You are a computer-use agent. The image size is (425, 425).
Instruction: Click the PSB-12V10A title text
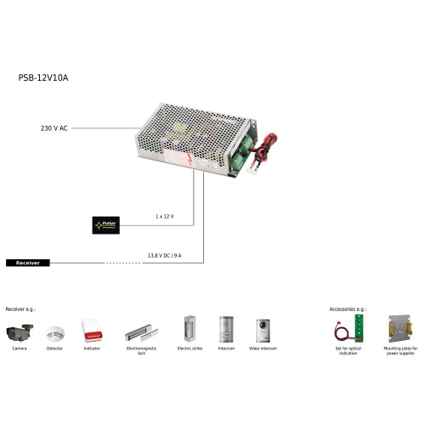pyautogui.click(x=42, y=77)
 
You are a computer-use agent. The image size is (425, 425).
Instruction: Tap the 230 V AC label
pyautogui.click(x=54, y=128)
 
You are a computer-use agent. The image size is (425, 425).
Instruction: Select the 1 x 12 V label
pyautogui.click(x=164, y=217)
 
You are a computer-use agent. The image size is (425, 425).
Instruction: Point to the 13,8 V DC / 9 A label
pyautogui.click(x=164, y=255)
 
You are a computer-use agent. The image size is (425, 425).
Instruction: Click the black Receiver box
pyautogui.click(x=28, y=263)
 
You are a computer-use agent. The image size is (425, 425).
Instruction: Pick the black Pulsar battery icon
pyautogui.click(x=107, y=225)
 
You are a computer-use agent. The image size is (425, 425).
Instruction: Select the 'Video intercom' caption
pyautogui.click(x=262, y=349)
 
